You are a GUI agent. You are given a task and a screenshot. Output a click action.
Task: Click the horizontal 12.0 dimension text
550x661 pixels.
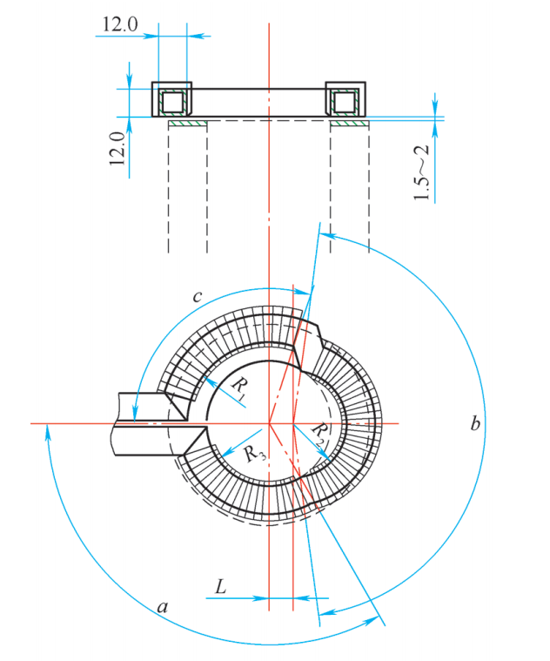(x=120, y=24)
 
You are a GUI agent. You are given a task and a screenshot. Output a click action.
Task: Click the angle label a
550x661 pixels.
(x=162, y=607)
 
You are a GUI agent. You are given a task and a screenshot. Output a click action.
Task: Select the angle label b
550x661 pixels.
(x=474, y=425)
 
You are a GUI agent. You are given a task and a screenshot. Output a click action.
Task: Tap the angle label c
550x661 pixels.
(x=197, y=298)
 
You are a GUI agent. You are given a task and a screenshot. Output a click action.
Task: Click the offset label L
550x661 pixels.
(x=220, y=589)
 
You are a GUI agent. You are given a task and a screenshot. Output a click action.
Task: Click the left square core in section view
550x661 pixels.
(x=172, y=102)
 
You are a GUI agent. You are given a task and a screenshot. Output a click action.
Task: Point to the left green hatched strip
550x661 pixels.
(x=187, y=124)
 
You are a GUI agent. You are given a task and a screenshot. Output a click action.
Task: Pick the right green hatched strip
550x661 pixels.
(x=350, y=124)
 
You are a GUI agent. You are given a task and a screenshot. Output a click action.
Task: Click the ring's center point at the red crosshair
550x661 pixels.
(x=270, y=424)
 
